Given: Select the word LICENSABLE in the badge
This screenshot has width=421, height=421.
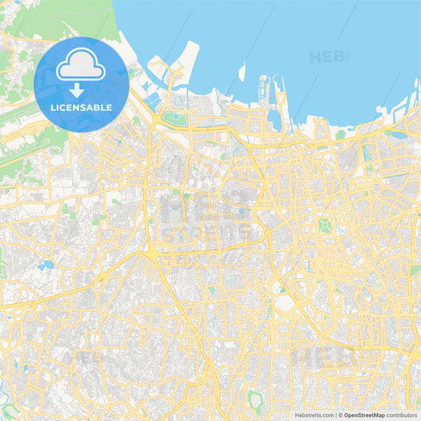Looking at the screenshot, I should pyautogui.click(x=81, y=107).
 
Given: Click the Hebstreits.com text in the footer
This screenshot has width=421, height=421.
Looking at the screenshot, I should pyautogui.click(x=314, y=414).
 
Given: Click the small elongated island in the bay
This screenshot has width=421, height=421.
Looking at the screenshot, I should pyautogui.click(x=242, y=72).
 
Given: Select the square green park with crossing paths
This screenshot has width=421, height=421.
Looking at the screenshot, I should pyautogui.click(x=324, y=225).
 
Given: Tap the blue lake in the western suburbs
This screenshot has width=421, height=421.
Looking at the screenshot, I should pyautogui.click(x=45, y=265).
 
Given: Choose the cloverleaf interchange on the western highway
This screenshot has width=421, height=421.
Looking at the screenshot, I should pyautogui.click(x=32, y=303).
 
